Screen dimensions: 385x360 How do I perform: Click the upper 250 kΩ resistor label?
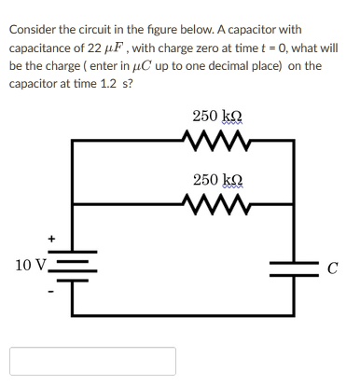point(217,117)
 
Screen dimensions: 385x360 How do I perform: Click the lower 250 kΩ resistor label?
point(217,179)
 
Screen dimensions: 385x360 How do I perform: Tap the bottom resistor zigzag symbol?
point(216,202)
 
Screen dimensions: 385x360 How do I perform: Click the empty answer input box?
point(93,361)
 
